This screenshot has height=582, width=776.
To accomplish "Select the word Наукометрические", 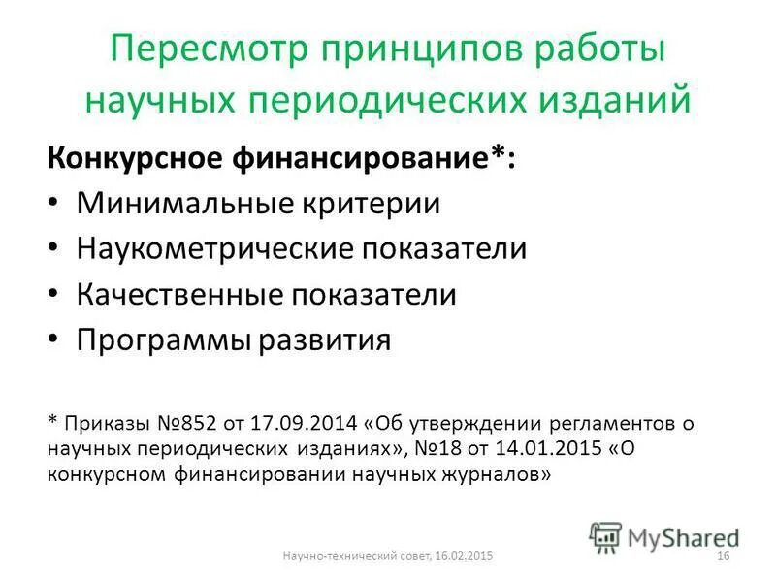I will (214, 248).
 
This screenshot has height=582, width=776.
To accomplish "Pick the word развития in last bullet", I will (327, 340).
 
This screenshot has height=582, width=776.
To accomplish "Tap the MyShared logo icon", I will (605, 536).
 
